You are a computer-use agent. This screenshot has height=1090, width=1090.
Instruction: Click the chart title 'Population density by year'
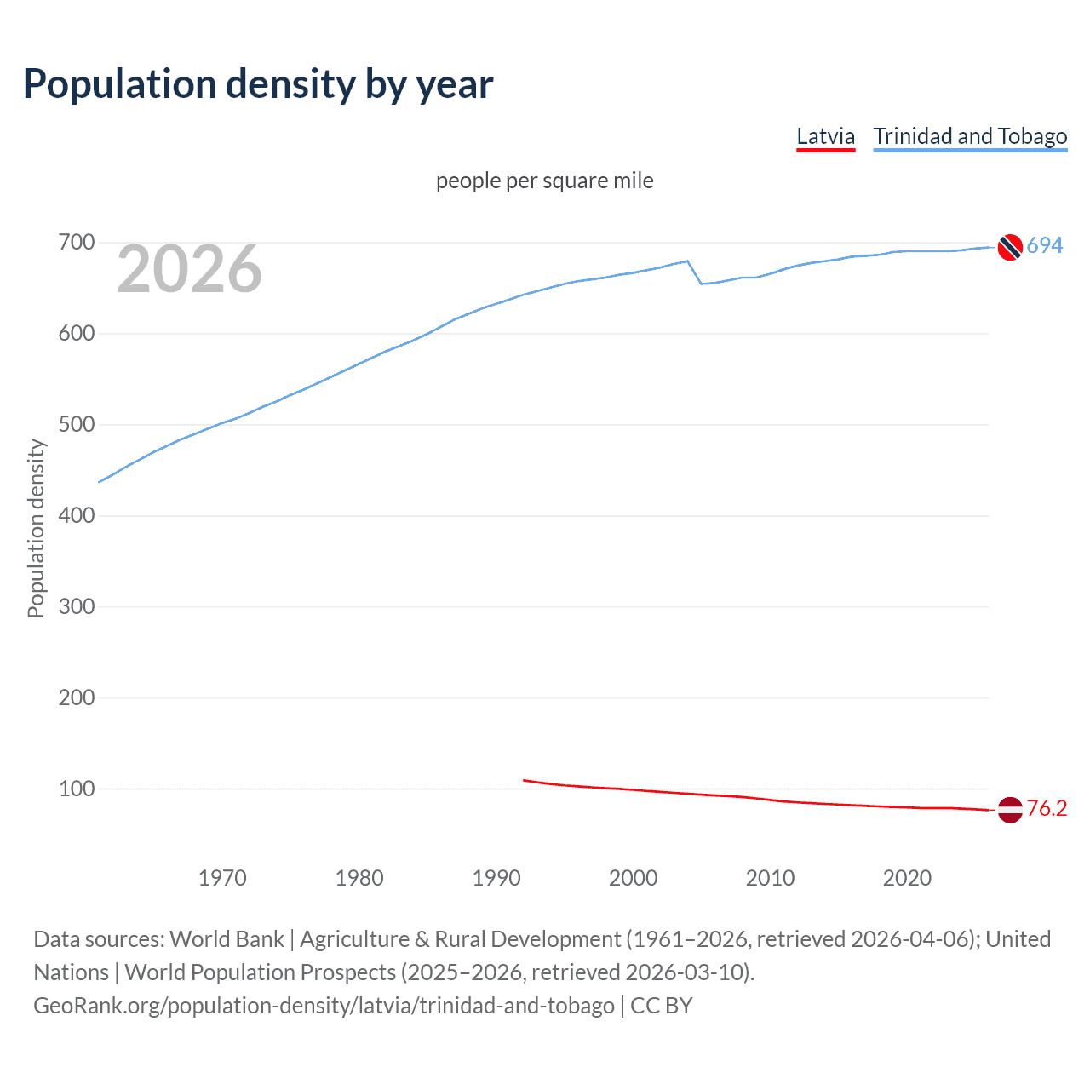[258, 84]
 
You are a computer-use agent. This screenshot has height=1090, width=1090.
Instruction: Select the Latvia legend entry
[825, 136]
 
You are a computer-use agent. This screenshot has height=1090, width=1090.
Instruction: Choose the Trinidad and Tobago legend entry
[970, 136]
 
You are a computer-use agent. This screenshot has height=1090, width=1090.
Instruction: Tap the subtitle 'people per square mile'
[544, 181]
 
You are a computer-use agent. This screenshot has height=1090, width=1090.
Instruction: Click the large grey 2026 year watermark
[189, 269]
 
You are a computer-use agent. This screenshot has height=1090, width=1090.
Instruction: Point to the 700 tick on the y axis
[76, 243]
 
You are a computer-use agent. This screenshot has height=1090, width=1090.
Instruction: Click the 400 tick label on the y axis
[76, 515]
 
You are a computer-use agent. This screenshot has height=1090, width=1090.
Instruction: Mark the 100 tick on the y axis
[76, 789]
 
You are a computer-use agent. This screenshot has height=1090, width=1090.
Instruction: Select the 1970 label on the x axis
[222, 878]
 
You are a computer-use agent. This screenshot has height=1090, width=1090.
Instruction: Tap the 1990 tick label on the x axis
[496, 878]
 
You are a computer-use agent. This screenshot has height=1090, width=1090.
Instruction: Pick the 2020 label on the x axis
[907, 878]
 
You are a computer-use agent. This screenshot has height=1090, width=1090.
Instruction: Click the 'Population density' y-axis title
[36, 528]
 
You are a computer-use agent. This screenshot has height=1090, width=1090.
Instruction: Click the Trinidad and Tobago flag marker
[1010, 247]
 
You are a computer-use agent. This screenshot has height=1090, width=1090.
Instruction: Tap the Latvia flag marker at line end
[1010, 810]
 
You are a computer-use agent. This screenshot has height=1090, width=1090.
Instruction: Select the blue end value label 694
[1045, 245]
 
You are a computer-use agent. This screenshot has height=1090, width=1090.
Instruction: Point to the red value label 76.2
[1047, 808]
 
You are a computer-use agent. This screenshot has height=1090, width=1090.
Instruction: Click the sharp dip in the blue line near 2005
[701, 283]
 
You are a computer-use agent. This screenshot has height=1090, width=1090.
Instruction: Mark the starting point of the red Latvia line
[524, 780]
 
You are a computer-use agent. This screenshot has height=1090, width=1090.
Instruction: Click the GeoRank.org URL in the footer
[324, 1006]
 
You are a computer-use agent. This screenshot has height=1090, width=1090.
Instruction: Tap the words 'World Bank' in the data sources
[227, 939]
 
